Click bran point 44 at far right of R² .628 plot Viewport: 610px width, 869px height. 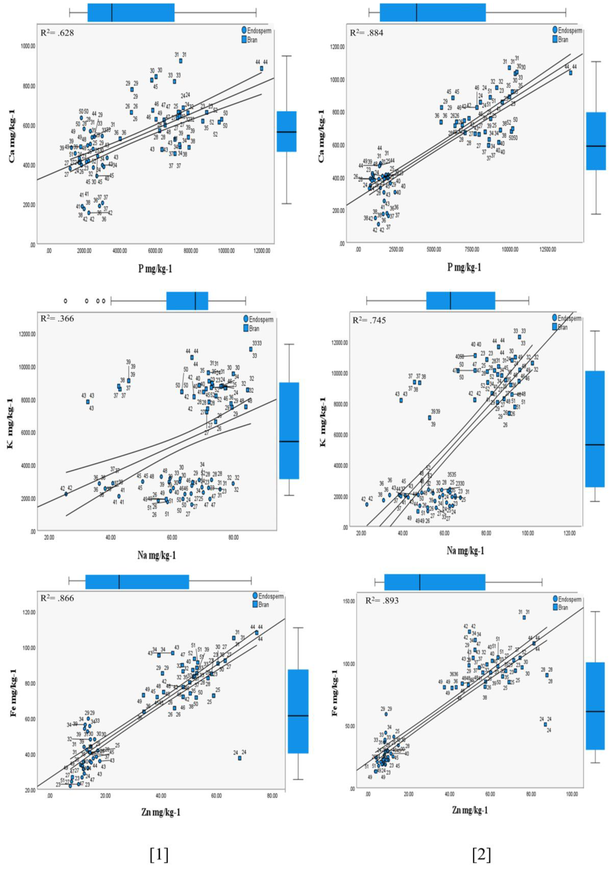[262, 69]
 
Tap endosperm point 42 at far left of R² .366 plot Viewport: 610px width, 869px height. [66, 494]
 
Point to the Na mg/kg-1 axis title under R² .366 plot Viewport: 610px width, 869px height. [156, 555]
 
